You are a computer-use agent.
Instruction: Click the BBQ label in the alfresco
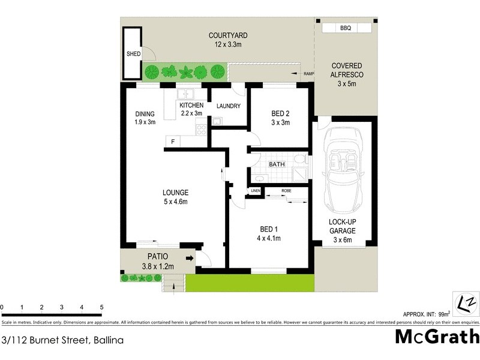coord(345,28)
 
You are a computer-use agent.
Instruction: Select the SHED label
coord(133,54)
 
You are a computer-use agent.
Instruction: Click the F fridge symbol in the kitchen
coord(173,142)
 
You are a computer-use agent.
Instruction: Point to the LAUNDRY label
coord(228,106)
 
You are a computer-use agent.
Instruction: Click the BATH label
coord(277,163)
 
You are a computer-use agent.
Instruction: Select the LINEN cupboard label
coord(256,191)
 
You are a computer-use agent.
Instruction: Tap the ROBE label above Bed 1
coord(286,191)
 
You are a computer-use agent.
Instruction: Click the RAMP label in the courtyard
coord(309,73)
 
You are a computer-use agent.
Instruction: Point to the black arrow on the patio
coord(190,259)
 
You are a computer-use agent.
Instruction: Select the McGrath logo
coord(437,337)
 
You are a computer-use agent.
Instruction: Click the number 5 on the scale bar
coord(101,307)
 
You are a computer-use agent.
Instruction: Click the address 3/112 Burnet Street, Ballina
coord(63,340)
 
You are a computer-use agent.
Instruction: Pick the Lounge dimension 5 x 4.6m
coord(176,202)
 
